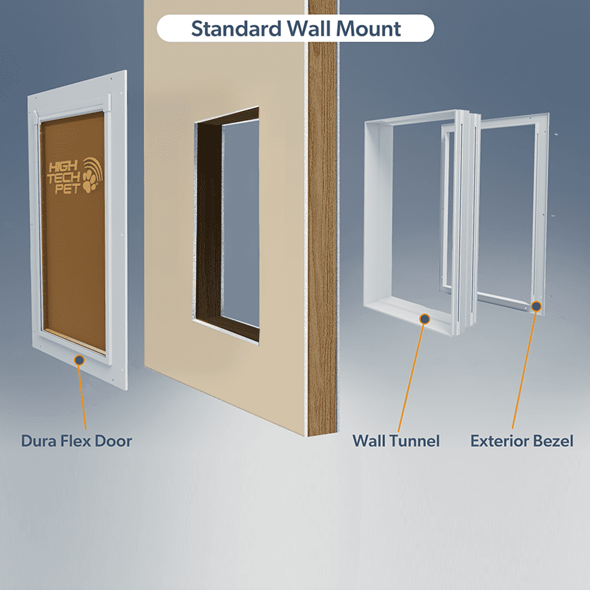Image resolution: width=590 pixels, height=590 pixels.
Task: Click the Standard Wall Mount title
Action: [296, 28]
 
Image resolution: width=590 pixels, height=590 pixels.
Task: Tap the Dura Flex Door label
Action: [77, 441]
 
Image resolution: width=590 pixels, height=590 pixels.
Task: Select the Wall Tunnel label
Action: [396, 441]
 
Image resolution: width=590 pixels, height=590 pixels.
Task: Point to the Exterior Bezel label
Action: [522, 441]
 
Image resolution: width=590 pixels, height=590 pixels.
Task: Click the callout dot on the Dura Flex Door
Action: [79, 359]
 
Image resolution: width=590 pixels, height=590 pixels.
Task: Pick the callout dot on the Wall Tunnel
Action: [424, 319]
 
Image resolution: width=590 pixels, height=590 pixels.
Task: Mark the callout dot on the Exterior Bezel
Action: [536, 306]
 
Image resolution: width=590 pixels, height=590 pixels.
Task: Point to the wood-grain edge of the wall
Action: [322, 236]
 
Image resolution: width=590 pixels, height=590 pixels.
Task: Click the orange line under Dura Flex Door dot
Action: [83, 395]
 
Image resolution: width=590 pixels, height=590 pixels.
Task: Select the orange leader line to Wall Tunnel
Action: [412, 378]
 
